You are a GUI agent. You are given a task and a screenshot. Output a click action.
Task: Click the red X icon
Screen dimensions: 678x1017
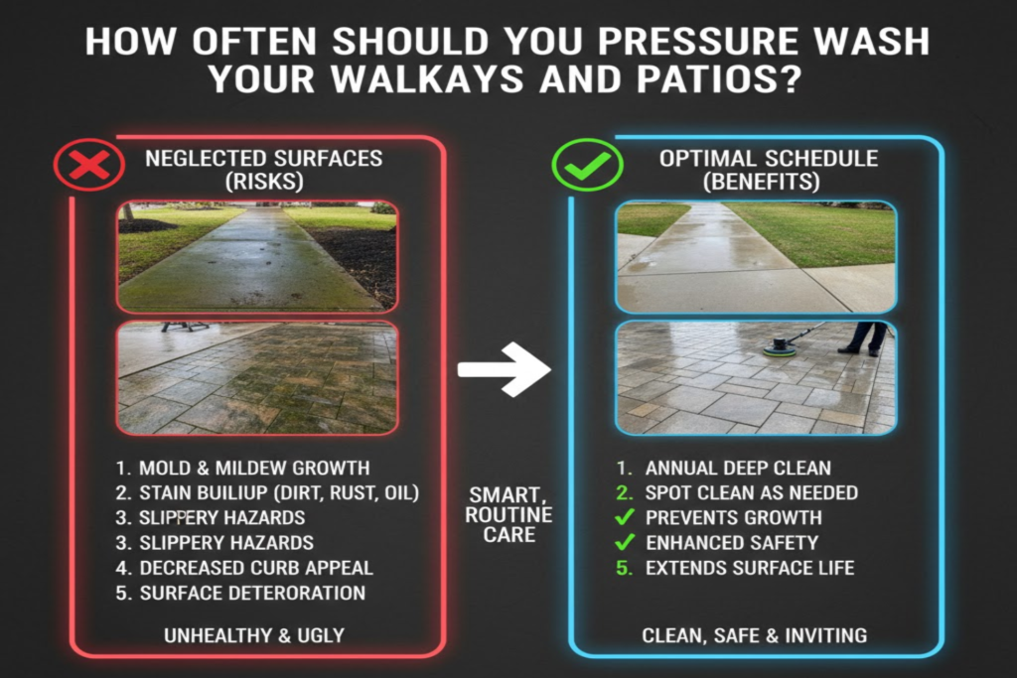[x=89, y=165]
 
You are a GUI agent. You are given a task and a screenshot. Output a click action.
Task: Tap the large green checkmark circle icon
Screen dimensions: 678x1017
[x=586, y=165]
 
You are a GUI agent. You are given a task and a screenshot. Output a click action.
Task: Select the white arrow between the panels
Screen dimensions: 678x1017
[x=504, y=369]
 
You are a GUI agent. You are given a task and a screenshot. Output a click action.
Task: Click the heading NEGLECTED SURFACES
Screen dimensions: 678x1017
[x=263, y=158]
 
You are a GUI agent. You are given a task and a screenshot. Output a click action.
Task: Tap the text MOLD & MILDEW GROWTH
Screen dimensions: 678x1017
[x=253, y=468]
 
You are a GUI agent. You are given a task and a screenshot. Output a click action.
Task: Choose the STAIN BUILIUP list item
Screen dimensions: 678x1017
[x=279, y=492]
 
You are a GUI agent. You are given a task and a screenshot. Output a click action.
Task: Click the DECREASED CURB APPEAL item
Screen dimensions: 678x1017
[x=256, y=568]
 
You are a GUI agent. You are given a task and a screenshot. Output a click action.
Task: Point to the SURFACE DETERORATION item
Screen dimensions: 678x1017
[x=252, y=593]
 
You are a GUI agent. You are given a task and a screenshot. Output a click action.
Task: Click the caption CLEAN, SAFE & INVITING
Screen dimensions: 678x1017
[x=754, y=635]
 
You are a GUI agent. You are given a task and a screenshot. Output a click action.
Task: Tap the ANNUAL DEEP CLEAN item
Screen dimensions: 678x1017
[x=738, y=468]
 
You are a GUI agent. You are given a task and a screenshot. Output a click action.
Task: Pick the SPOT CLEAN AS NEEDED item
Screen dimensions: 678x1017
[x=751, y=492]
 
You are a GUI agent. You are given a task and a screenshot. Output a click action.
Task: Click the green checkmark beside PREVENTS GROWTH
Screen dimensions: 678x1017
[x=625, y=517]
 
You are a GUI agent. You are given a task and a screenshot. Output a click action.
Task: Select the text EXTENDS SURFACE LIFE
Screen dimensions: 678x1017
[x=749, y=568]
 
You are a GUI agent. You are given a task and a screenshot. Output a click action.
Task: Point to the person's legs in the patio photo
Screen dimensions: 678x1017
[x=863, y=338]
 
